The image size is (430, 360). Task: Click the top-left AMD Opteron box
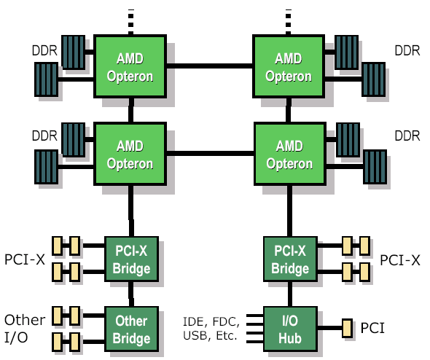[130, 66]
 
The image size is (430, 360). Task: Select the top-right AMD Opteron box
[289, 66]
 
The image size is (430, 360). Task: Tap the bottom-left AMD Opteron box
[130, 154]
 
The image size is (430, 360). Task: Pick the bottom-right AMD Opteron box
[290, 154]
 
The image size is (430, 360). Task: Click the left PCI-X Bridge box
[132, 259]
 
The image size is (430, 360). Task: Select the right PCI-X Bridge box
[290, 259]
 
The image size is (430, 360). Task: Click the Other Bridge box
[132, 329]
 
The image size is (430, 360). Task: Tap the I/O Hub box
[290, 329]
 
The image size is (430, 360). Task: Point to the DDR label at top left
[44, 51]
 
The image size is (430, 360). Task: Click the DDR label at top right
[407, 51]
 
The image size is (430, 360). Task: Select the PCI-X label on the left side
[25, 259]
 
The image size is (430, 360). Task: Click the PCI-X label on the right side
[400, 260]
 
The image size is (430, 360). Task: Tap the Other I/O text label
[25, 329]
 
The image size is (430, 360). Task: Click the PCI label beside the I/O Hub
[372, 328]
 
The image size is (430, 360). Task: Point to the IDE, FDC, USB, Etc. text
[211, 329]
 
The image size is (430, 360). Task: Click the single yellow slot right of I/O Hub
[347, 328]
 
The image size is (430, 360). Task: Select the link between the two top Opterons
[209, 66]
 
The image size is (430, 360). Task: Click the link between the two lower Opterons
[210, 153]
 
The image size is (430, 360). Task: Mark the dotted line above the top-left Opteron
[130, 22]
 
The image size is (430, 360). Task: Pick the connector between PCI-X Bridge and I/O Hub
[290, 294]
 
